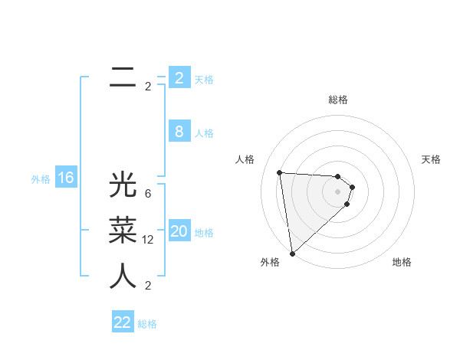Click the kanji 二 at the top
coord(123,77)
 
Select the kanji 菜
coord(123,231)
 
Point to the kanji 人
coord(123,277)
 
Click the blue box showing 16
coord(66,178)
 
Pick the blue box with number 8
coord(179,131)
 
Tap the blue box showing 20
coord(179,231)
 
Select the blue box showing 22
coord(123,322)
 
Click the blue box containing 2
coord(179,77)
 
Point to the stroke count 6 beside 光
coord(148,194)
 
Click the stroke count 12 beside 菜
coord(148,240)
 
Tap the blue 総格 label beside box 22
coord(147,324)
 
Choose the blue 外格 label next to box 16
coord(41,179)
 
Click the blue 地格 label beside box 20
coord(205,233)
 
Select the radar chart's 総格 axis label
coord(338,100)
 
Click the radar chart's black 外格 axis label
coord(269,262)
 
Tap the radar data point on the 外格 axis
coord(293,253)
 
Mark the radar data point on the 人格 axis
coord(280,172)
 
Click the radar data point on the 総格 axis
coord(337,177)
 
